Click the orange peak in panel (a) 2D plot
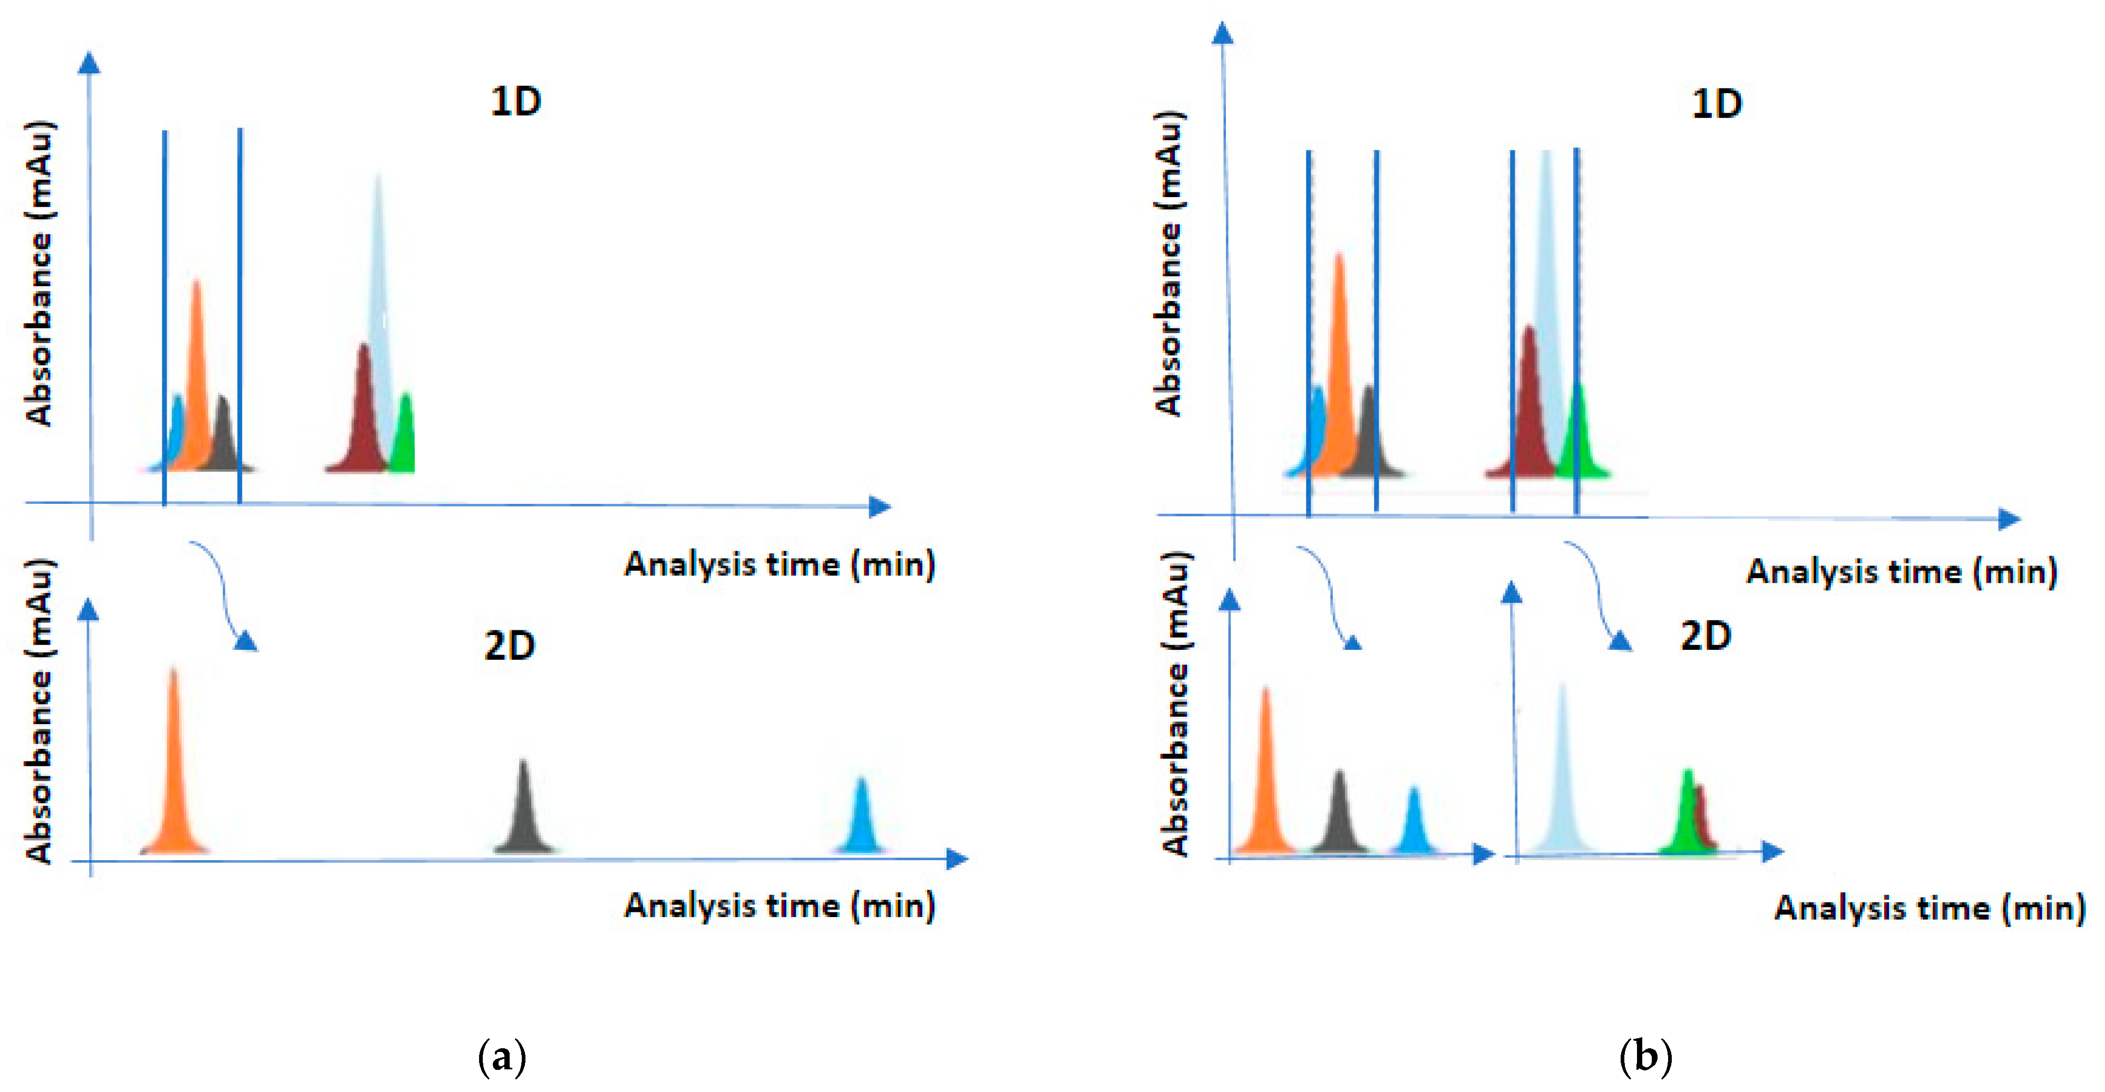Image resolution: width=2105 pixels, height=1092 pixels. pyautogui.click(x=174, y=776)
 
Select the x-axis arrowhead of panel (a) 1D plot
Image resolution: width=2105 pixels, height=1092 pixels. pyautogui.click(x=880, y=507)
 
